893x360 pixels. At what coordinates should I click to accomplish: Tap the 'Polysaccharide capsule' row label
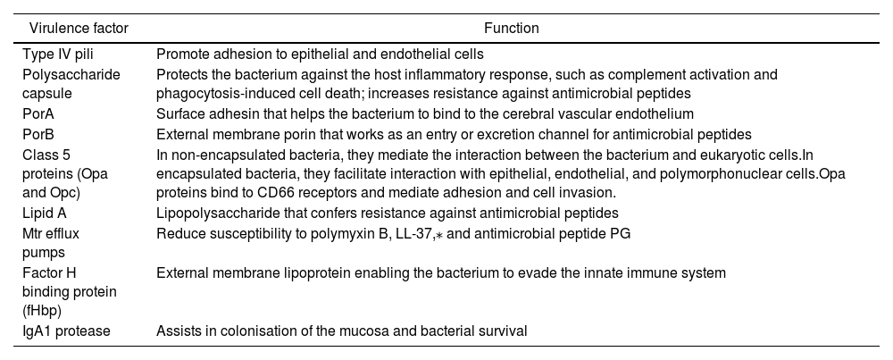(x=71, y=84)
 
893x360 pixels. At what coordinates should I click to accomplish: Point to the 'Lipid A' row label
(x=46, y=213)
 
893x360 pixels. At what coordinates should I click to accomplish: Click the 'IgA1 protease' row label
(x=64, y=331)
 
